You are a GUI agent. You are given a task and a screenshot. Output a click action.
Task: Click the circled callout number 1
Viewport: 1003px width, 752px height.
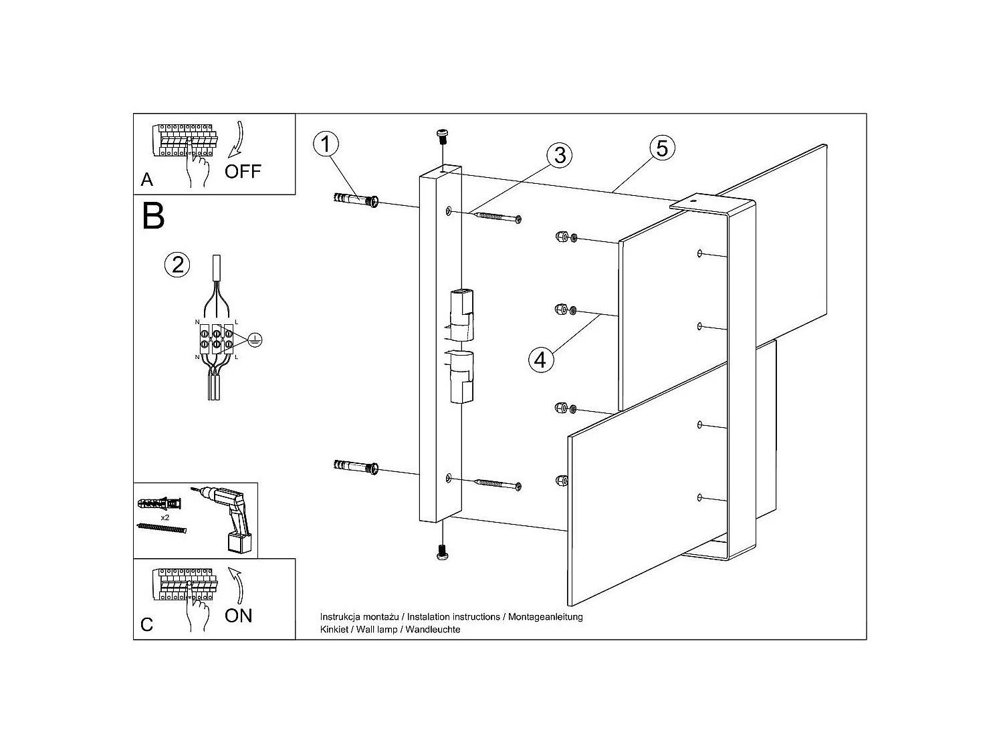click(326, 144)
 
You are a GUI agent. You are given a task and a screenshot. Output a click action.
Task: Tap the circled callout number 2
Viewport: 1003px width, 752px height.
click(177, 265)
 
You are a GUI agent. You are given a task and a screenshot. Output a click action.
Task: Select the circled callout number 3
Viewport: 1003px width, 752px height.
click(560, 155)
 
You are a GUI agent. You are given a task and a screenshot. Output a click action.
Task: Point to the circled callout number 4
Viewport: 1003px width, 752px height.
click(541, 360)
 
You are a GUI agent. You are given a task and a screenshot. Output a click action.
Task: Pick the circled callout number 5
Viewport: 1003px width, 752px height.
click(662, 148)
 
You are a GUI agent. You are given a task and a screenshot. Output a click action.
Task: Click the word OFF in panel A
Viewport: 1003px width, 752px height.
click(243, 172)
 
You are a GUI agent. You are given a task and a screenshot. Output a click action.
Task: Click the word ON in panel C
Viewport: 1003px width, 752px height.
click(239, 616)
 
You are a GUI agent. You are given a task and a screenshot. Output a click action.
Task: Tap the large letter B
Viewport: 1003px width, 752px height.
click(153, 216)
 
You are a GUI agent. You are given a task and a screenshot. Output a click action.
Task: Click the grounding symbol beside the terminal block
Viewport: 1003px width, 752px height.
click(255, 340)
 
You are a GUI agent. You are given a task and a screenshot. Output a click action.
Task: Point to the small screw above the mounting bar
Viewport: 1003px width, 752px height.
click(443, 136)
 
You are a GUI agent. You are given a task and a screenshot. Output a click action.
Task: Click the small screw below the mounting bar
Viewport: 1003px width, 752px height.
click(443, 552)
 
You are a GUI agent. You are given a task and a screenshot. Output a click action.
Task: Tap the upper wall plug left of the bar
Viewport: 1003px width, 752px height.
click(356, 200)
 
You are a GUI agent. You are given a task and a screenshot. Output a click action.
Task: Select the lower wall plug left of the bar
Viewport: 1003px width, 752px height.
click(356, 467)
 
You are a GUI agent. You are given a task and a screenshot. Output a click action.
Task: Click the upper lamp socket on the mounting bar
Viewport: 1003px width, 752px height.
click(461, 315)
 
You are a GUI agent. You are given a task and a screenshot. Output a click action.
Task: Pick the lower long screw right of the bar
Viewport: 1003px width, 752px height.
click(498, 484)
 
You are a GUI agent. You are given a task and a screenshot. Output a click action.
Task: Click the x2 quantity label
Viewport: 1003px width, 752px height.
click(165, 518)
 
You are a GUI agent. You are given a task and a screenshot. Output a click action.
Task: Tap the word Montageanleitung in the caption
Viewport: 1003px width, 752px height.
click(546, 617)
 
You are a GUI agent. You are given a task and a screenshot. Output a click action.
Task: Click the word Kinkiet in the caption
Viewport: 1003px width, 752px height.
click(334, 630)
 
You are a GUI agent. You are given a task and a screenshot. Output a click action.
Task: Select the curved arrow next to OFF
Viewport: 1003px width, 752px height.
click(237, 139)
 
